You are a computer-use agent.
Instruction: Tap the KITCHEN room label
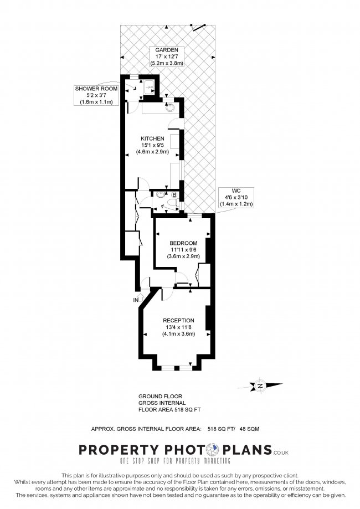click(152, 138)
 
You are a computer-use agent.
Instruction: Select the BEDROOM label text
click(183, 243)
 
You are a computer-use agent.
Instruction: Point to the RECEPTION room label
click(178, 320)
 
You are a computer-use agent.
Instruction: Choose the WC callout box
click(238, 197)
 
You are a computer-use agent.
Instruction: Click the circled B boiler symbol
click(174, 195)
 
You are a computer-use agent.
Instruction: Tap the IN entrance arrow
click(136, 300)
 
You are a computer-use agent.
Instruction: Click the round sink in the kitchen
click(171, 107)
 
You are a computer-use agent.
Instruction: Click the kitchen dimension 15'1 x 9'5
click(152, 145)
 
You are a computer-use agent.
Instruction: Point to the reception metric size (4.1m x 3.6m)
click(178, 334)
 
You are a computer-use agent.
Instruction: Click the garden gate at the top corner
click(200, 25)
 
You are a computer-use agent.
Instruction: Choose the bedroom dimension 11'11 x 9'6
click(183, 250)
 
